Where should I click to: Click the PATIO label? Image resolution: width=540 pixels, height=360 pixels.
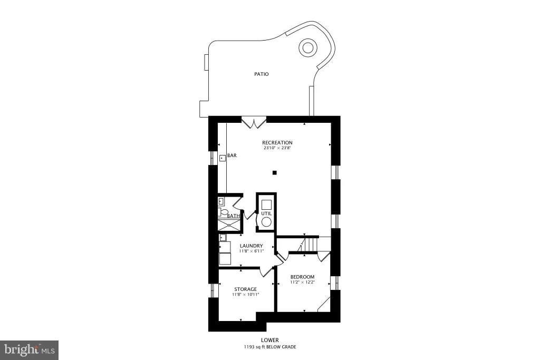pos(262,74)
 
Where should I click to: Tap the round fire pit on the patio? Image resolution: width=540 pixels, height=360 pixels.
pos(307,47)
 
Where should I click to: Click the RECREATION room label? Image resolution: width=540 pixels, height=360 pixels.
pos(277,142)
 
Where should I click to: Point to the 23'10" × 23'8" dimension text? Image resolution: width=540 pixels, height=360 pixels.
pos(277,148)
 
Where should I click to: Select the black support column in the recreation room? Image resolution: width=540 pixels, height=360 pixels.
pos(274,173)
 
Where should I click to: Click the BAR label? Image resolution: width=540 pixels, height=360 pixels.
pos(232,155)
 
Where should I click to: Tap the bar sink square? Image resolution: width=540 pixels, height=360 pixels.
pos(223,158)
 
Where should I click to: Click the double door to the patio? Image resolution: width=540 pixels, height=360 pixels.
pos(254,123)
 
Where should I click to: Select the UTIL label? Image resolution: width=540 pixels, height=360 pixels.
pos(266,213)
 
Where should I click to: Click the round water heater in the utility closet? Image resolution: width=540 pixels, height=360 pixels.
pos(266,222)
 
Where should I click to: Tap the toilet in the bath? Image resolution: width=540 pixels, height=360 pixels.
pos(223,212)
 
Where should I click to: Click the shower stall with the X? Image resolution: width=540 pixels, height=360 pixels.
pos(229,226)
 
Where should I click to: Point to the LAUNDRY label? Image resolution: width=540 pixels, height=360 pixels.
pos(252,246)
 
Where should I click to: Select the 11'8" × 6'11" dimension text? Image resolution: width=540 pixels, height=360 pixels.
pos(252,251)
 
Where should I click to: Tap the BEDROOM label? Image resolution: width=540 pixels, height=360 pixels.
pos(302,277)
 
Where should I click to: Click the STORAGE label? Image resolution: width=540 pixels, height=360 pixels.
pos(246,289)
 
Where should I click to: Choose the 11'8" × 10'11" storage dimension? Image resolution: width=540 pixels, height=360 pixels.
pos(246,295)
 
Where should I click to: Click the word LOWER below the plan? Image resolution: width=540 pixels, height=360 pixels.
pos(270,340)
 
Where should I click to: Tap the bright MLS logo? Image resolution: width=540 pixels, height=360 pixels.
pos(30,350)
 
